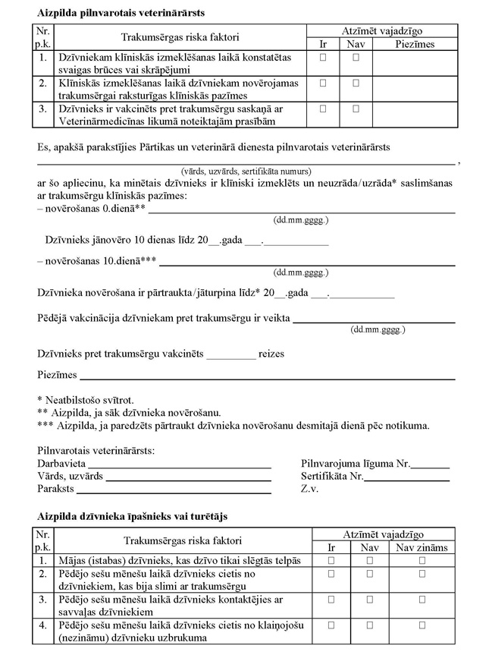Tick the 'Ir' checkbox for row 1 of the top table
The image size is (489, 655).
tap(324, 57)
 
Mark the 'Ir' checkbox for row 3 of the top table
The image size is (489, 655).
tap(324, 109)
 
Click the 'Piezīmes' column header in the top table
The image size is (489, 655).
tap(415, 44)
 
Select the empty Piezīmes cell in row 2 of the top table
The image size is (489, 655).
tap(415, 88)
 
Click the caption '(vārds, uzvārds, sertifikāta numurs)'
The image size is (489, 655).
tap(246, 172)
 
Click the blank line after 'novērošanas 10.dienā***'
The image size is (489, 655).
tap(306, 263)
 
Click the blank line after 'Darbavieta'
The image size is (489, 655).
tap(180, 462)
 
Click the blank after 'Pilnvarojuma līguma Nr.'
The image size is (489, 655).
tap(431, 464)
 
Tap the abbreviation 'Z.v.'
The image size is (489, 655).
tap(309, 490)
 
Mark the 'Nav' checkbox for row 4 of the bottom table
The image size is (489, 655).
tap(369, 625)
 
